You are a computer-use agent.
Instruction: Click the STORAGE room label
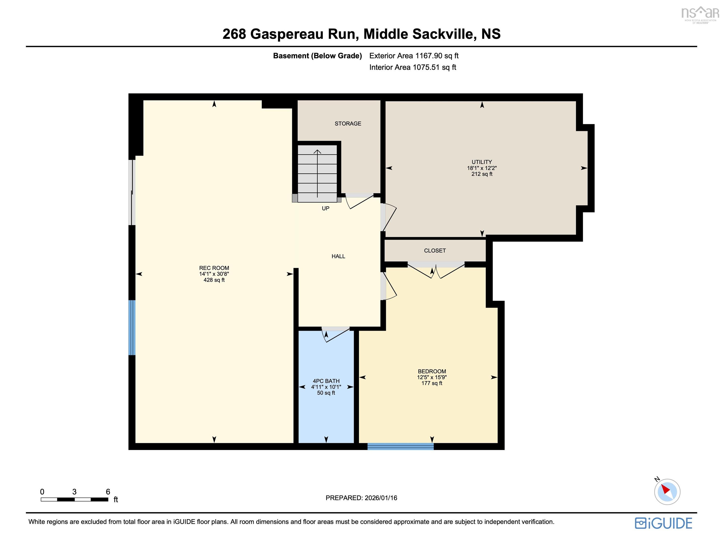pyautogui.click(x=348, y=123)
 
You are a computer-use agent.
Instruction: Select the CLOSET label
pyautogui.click(x=435, y=251)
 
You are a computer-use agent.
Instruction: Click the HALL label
pyautogui.click(x=338, y=256)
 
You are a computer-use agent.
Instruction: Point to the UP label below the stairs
pyautogui.click(x=325, y=208)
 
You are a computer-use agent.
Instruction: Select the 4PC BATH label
pyautogui.click(x=326, y=381)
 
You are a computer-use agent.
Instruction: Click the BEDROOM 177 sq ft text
pyautogui.click(x=432, y=383)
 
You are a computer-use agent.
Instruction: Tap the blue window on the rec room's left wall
pyautogui.click(x=132, y=327)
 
